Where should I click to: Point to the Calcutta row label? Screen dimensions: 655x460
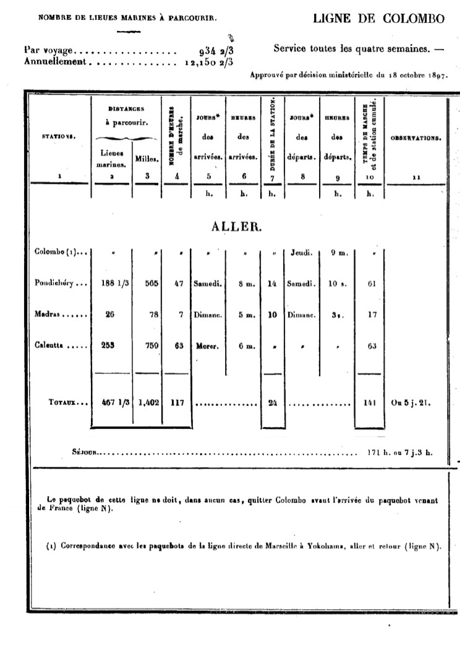(x=54, y=345)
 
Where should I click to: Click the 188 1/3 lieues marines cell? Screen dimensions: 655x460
(x=111, y=284)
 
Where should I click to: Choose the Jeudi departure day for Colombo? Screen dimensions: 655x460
(x=300, y=253)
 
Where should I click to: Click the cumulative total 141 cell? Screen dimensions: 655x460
(x=369, y=402)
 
